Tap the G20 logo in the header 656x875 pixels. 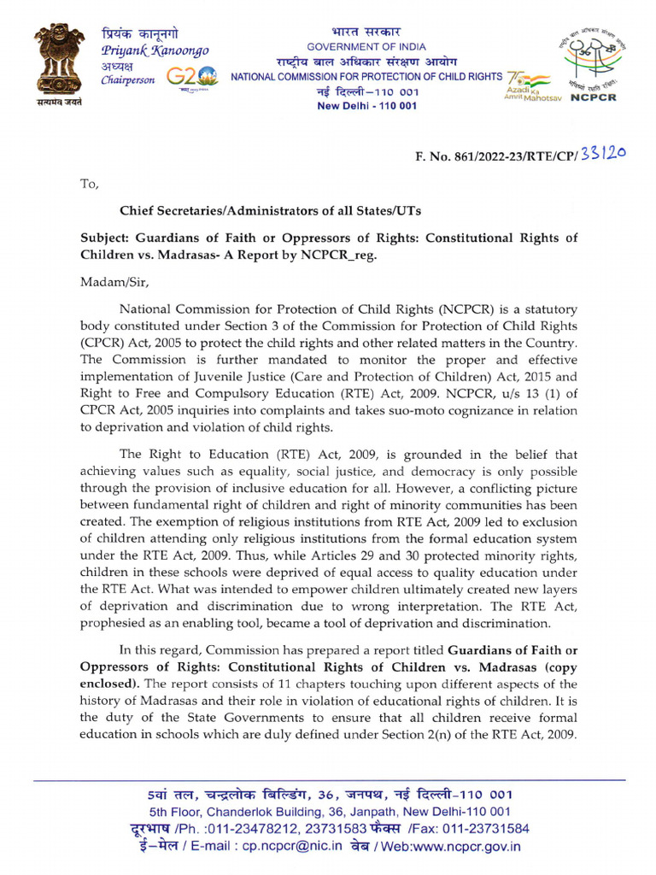[192, 79]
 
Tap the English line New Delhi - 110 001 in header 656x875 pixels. [366, 105]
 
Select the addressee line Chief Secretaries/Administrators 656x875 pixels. [270, 209]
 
